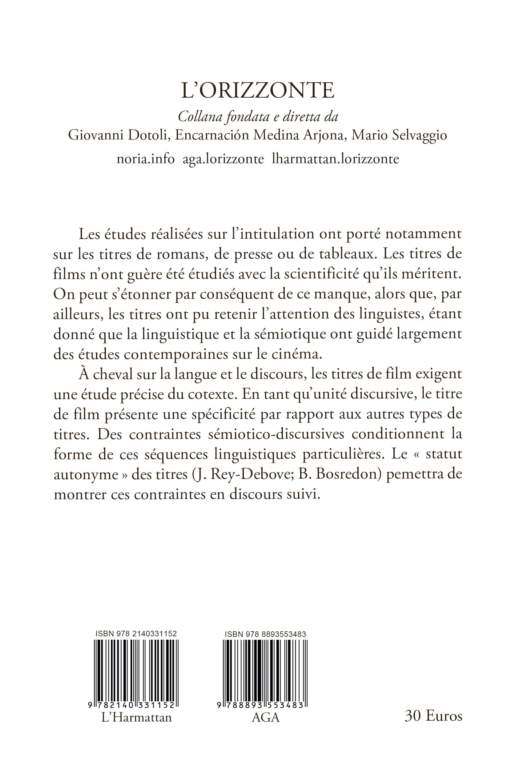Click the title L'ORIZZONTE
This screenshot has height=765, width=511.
(x=257, y=91)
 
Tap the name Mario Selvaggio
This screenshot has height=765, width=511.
(x=399, y=135)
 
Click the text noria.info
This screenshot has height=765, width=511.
(x=145, y=159)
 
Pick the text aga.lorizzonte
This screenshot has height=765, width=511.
(x=223, y=159)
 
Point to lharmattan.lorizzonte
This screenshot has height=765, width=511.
(x=335, y=159)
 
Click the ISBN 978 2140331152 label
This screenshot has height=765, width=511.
(x=136, y=633)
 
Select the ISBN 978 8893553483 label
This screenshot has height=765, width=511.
(x=265, y=633)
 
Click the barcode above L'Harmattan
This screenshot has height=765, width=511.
(x=136, y=671)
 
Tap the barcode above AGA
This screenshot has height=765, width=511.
(x=265, y=671)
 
